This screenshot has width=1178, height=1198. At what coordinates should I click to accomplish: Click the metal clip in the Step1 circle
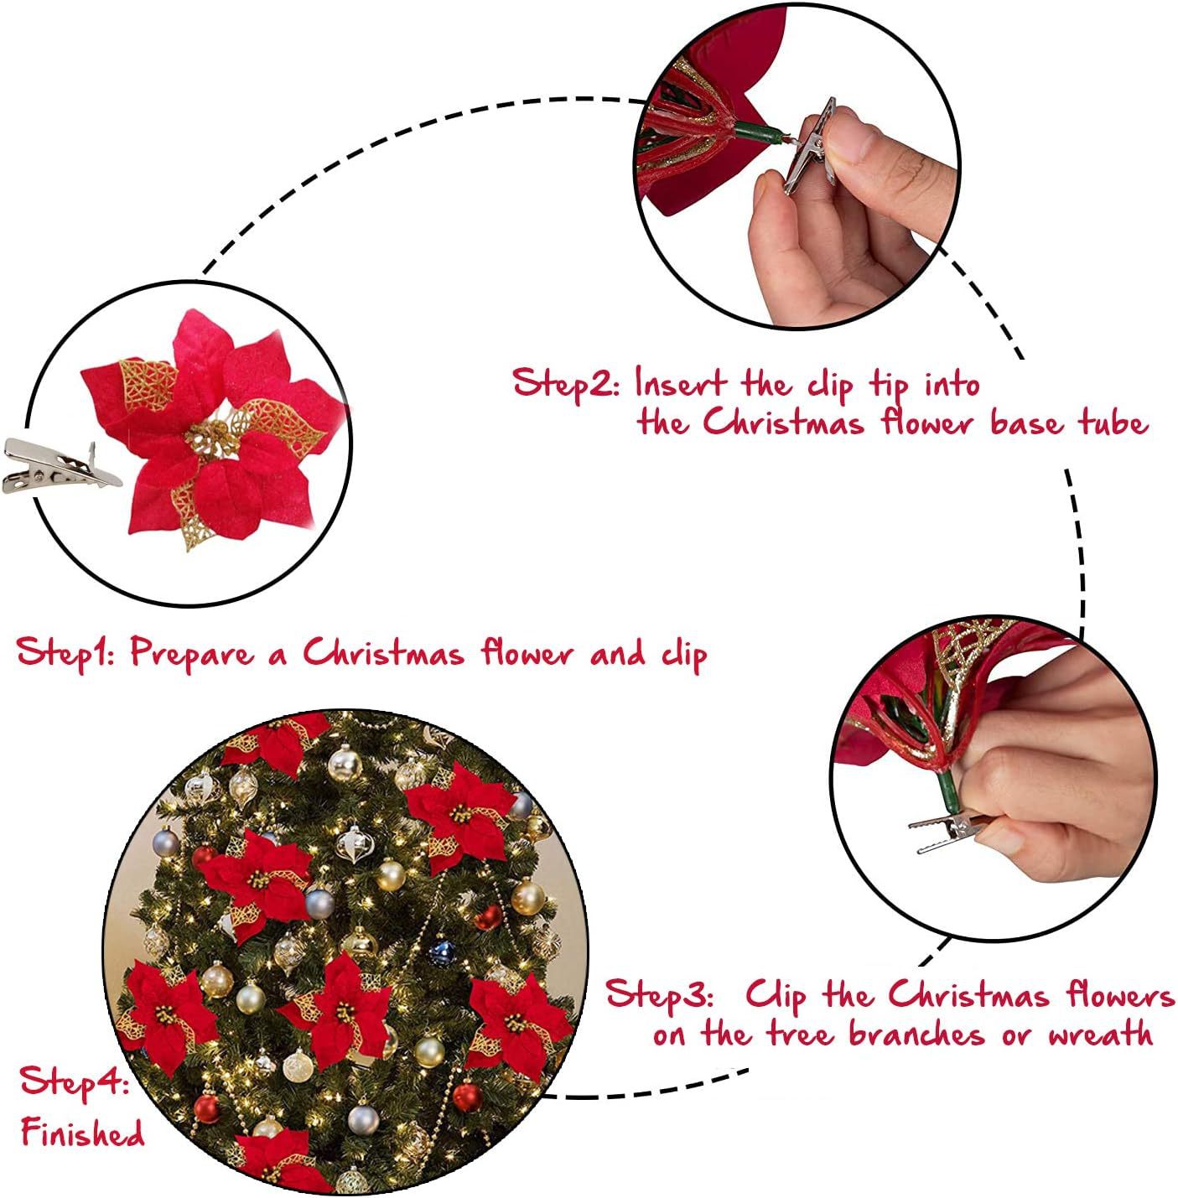pyautogui.click(x=59, y=466)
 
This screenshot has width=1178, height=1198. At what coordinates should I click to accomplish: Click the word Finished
pyautogui.click(x=83, y=1130)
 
